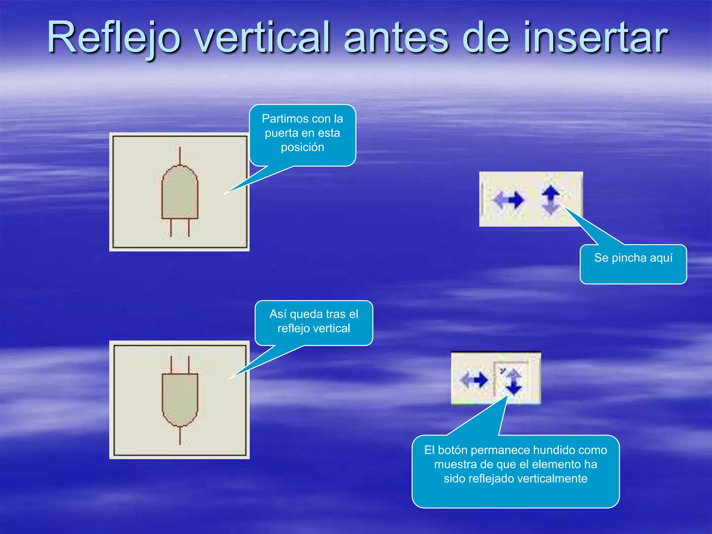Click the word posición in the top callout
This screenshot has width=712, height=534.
(302, 147)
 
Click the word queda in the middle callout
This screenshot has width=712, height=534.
(306, 314)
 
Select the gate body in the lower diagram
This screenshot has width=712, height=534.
(180, 396)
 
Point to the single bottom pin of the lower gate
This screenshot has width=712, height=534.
(180, 435)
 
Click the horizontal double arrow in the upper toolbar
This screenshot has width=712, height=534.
(509, 200)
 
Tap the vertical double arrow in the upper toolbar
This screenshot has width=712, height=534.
(551, 200)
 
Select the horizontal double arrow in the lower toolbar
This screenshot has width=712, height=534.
(474, 380)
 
